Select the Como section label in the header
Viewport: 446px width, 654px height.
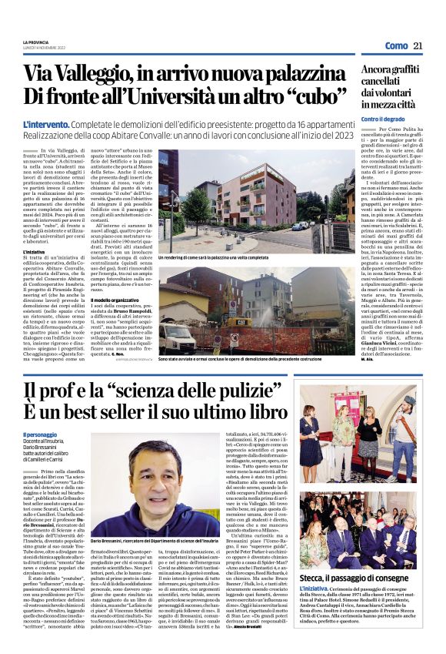pyautogui.click(x=396, y=46)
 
